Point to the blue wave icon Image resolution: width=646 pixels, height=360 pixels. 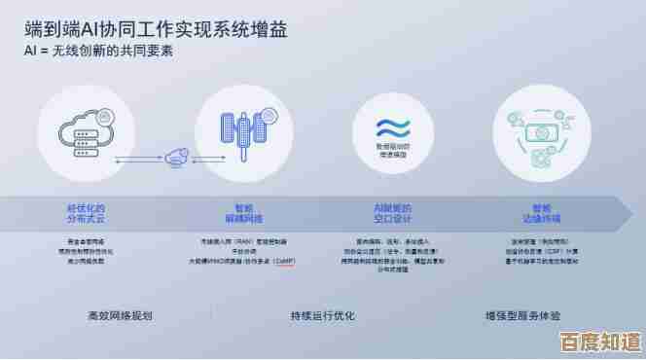[x=395, y=126]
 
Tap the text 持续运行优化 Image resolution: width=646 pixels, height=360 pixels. [x=322, y=316]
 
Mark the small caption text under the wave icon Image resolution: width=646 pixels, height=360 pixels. [x=395, y=149]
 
